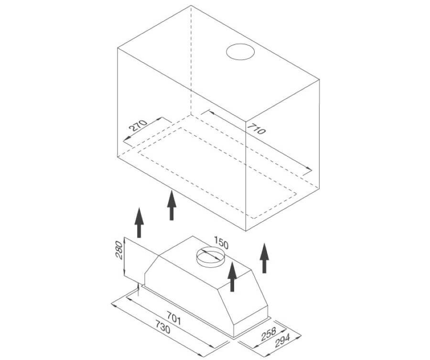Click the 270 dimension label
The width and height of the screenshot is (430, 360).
tap(138, 126)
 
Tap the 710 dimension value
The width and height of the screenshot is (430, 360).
tap(257, 129)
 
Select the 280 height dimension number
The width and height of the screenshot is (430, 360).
tap(119, 250)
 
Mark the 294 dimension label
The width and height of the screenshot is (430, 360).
tap(282, 341)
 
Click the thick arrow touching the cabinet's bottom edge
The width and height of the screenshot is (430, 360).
tap(172, 205)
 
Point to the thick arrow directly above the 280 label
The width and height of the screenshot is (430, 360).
tap(140, 222)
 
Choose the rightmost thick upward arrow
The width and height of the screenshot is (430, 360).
tap(264, 258)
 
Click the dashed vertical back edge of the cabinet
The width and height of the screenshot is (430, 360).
tap(191, 60)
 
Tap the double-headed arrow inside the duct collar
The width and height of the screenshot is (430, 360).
tap(210, 255)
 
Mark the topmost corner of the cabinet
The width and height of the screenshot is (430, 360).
tap(191, 5)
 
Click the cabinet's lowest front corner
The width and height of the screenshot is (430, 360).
tap(246, 231)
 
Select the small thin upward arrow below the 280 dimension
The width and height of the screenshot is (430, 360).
tap(139, 290)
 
